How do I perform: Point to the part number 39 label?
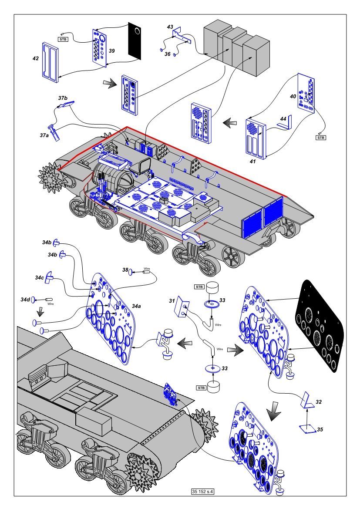point(112,51)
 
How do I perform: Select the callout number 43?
point(170,27)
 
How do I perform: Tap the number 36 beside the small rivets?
point(167,54)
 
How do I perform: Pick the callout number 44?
point(283,118)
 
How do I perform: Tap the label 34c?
point(39,277)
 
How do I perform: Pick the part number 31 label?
point(172,300)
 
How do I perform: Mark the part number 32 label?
point(319,402)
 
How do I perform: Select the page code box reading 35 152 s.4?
point(204,492)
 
